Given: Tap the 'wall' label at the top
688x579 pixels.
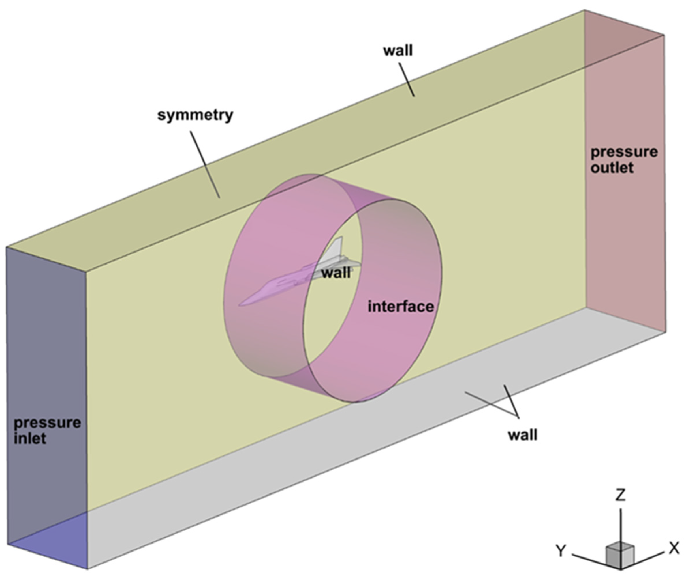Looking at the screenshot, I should pos(398,51).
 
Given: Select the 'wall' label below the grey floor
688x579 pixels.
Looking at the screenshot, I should pos(523,435).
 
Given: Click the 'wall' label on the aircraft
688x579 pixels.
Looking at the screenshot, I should pos(336,273).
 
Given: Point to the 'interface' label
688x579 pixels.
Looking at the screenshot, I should pos(401,307).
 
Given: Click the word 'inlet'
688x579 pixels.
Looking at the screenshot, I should pos(30,439).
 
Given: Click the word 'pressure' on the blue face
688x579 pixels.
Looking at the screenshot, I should pos(47,422).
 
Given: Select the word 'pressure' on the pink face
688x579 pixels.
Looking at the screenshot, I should pos(624,152).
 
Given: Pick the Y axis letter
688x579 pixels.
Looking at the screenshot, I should pos(561,551).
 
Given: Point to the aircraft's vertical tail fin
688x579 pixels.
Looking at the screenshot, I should pos(336,246).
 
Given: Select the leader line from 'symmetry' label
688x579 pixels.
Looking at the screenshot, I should pos(205,164).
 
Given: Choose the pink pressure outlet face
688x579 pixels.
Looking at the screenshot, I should pos(625,230).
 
